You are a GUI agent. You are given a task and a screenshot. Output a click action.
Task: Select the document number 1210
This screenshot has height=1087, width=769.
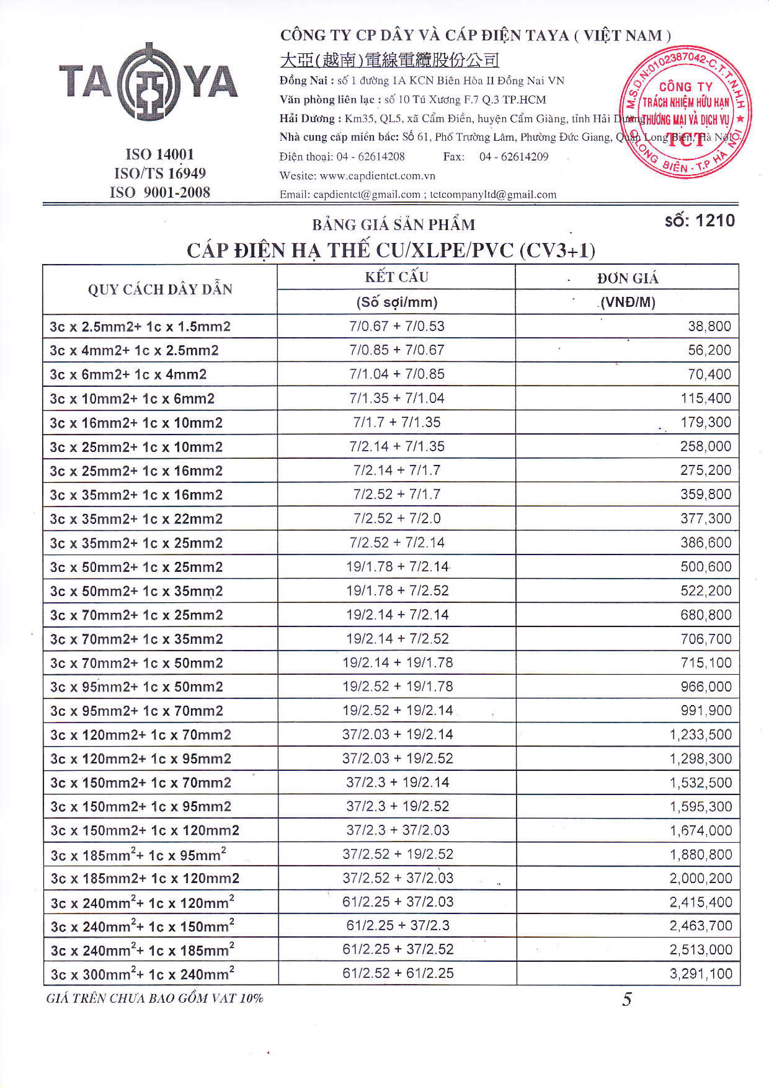(x=700, y=221)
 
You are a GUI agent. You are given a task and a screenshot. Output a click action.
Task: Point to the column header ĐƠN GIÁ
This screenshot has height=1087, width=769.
(x=627, y=278)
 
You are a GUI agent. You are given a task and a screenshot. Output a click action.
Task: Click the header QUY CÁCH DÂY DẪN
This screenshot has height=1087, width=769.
(x=160, y=289)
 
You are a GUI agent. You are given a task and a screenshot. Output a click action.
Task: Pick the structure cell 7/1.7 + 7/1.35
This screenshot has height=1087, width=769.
(x=397, y=422)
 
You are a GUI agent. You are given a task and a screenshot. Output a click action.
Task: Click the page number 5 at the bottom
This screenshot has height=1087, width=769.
(x=626, y=999)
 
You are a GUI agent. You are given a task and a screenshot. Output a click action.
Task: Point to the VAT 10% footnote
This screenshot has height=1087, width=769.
(x=155, y=998)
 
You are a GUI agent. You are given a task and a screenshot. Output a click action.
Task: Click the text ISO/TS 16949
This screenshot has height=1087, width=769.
(x=160, y=173)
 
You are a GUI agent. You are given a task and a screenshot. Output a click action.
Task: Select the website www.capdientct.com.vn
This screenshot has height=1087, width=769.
(x=377, y=176)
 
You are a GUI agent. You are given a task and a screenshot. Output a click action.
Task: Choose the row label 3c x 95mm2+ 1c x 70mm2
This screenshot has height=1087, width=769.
(x=136, y=711)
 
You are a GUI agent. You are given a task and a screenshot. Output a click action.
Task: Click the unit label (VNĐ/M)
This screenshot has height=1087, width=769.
(x=627, y=303)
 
